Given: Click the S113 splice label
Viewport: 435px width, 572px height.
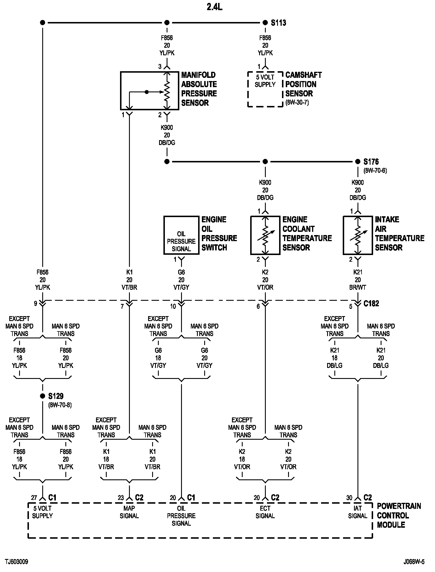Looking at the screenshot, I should pos(278,23).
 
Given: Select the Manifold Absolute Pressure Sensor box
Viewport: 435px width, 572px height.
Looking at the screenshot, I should pos(150,91).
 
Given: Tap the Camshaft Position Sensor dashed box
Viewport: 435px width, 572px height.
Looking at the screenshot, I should pos(265,89).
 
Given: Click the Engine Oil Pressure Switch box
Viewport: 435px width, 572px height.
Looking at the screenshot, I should pos(181,235).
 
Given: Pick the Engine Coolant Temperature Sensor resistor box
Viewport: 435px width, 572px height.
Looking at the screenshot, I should pos(265,235).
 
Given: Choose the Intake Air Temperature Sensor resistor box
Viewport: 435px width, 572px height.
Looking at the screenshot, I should pos(358,235).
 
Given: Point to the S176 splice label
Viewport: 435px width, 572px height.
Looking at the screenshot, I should pos(371,162).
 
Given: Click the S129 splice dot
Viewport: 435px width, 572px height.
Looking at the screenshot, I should pos(43,396).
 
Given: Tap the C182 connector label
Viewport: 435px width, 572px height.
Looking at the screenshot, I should pos(371,304).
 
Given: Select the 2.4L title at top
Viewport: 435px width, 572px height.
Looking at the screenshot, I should pos(214,7).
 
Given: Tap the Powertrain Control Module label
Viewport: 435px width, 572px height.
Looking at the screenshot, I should pos(399,516).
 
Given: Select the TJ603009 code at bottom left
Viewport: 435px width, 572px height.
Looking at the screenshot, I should pos(16,562).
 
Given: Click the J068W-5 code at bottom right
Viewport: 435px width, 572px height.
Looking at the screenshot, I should pos(414,562).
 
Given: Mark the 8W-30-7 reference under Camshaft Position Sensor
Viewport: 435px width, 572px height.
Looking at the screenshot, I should pos(297,102).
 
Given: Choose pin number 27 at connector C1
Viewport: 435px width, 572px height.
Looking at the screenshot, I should pos(34,498).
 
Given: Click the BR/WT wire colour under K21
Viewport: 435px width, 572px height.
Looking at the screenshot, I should pos(358,287).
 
